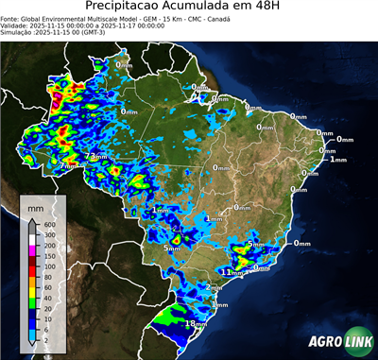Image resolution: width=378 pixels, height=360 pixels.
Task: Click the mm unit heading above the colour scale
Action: [36, 205]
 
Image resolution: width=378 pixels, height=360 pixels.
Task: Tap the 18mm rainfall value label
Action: [196, 324]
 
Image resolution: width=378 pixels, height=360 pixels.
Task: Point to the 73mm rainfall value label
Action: [95, 156]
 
